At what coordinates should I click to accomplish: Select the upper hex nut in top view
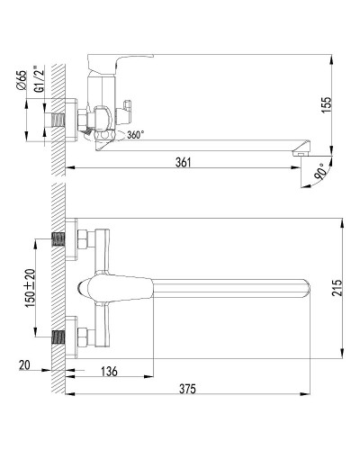pyautogui.click(x=85, y=240)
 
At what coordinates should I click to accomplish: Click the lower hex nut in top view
pyautogui.click(x=85, y=339)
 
